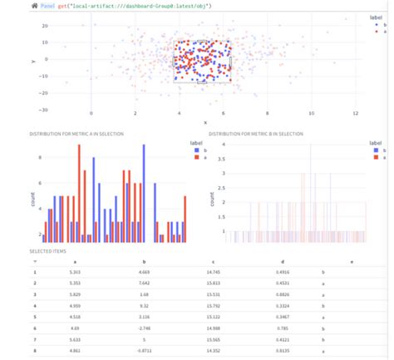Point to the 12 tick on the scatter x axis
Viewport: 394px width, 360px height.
pyautogui.click(x=355, y=114)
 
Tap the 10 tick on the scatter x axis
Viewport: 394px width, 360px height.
pyautogui.click(x=311, y=114)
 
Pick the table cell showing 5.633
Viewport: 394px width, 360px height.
pyautogui.click(x=76, y=339)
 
